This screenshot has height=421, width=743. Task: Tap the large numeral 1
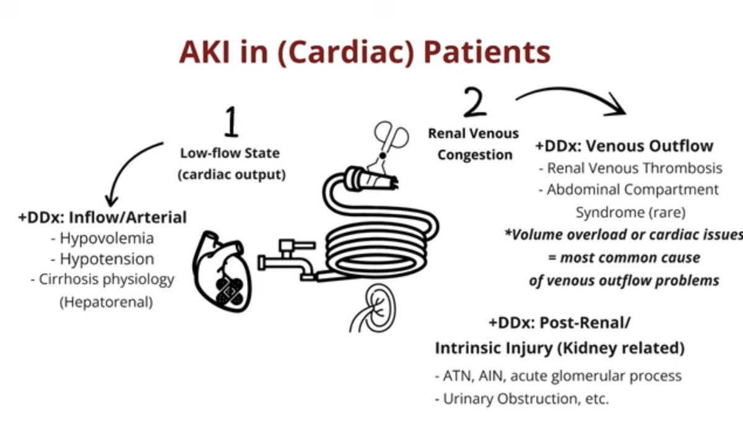pos(230,123)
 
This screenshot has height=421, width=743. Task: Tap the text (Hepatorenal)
pos(103,303)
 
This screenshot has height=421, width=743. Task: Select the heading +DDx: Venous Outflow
pos(624,146)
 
